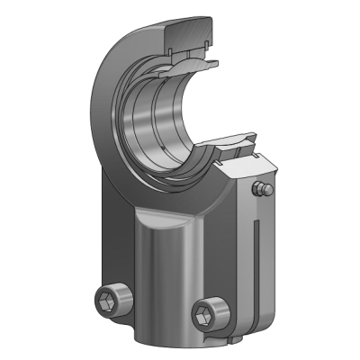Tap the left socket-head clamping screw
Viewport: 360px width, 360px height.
tap(112, 300)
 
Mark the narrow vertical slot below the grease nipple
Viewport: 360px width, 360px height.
tap(259, 261)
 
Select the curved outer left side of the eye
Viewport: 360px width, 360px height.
tap(101, 117)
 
